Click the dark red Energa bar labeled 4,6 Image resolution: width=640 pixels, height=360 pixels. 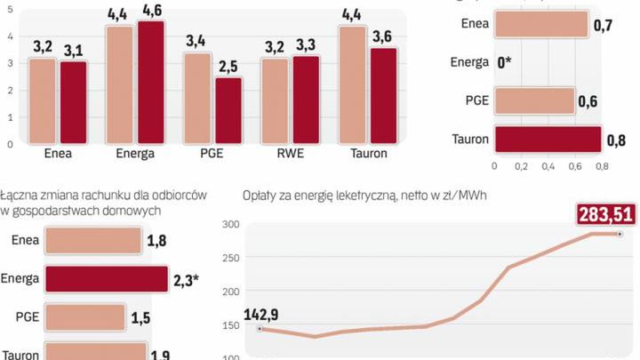[x=151, y=82]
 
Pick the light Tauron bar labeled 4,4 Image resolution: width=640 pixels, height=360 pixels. [x=352, y=84]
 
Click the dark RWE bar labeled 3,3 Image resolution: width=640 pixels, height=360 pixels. [x=306, y=100]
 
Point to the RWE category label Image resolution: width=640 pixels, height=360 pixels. [x=289, y=153]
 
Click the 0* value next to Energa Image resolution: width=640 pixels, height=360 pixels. [x=505, y=62]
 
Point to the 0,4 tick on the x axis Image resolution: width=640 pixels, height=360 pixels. [x=548, y=166]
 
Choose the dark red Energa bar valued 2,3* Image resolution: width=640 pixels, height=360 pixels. [x=106, y=278]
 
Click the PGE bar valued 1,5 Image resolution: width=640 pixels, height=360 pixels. [x=84, y=317]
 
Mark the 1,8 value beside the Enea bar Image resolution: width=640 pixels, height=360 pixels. [x=157, y=240]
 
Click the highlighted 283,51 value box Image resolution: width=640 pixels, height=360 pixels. [x=606, y=214]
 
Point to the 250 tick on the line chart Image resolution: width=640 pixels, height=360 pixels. [x=230, y=258]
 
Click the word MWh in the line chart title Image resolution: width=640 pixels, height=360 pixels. [x=470, y=196]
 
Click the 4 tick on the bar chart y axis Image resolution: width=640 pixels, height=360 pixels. [x=10, y=36]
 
